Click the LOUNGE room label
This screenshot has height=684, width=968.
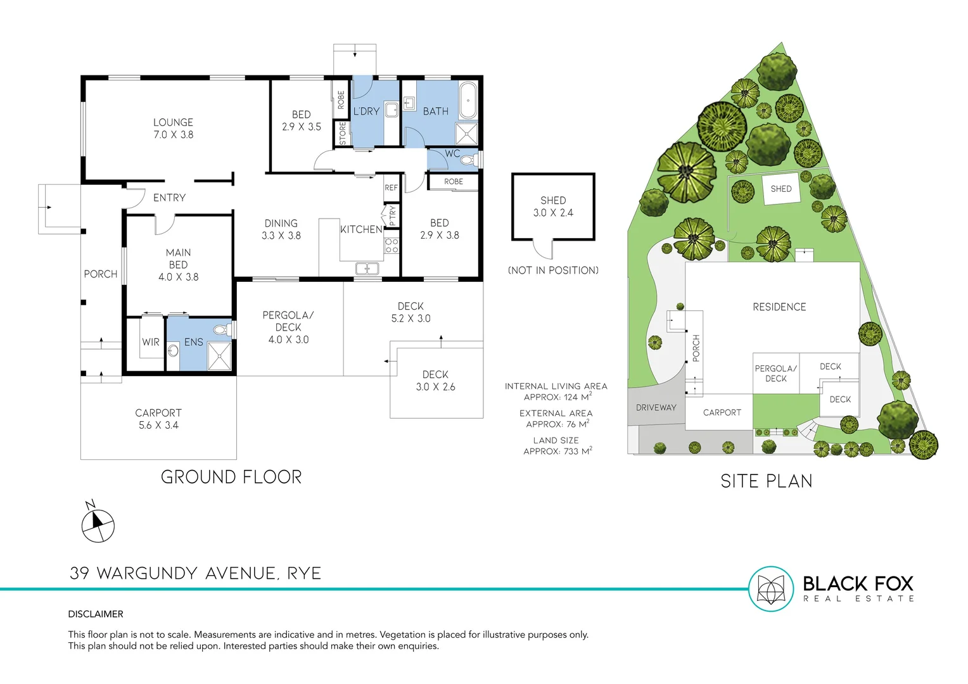(x=173, y=123)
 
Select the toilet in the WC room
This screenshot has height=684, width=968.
(x=469, y=160)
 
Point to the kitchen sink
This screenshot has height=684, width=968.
(x=367, y=269)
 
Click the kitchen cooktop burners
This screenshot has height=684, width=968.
(x=392, y=246)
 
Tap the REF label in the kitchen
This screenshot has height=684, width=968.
(x=391, y=187)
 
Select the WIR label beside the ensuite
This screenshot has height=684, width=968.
(x=151, y=342)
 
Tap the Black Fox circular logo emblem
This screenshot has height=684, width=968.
(x=771, y=589)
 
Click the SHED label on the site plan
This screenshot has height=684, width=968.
(x=780, y=189)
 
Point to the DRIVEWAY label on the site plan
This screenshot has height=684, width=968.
(x=656, y=408)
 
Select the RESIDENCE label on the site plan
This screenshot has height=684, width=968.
(x=779, y=307)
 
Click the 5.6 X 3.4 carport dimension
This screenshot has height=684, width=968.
(x=158, y=426)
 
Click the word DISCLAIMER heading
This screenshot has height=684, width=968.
(x=96, y=614)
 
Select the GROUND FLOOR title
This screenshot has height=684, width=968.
(x=231, y=477)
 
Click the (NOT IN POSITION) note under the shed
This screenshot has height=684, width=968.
(x=553, y=270)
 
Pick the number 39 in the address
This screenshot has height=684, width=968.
(x=79, y=573)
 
